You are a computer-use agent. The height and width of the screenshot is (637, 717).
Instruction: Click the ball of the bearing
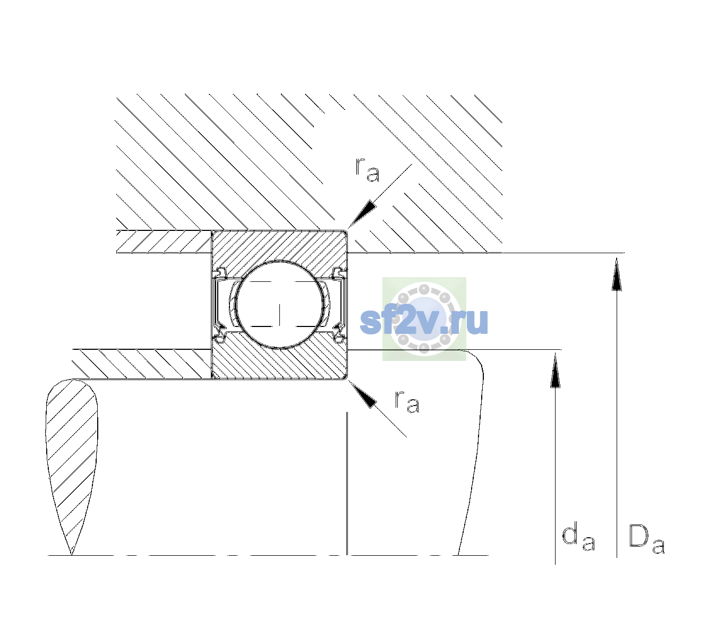279,305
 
